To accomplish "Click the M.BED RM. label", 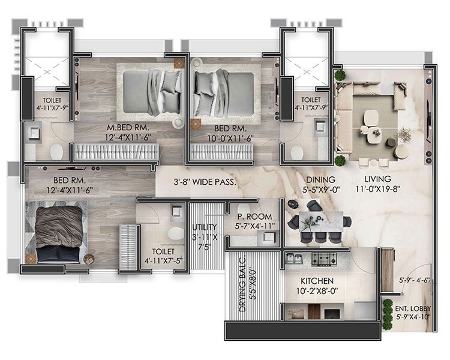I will click(127, 128).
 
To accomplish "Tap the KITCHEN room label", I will click(317, 281).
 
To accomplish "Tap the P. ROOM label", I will click(254, 217).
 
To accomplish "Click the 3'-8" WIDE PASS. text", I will click(205, 181).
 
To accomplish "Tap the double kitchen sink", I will click(295, 259).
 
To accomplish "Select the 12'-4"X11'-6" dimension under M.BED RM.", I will click(127, 138).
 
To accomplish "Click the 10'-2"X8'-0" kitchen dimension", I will click(317, 292).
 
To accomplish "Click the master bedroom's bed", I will click(151, 91).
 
